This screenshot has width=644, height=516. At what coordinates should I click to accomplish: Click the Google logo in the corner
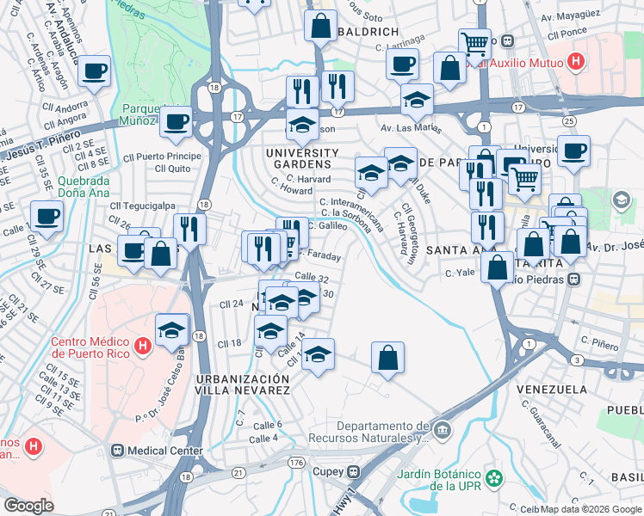click(x=29, y=505)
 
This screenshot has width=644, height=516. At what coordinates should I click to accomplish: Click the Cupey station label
click(x=326, y=472)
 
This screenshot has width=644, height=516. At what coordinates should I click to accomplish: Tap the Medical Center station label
click(x=165, y=451)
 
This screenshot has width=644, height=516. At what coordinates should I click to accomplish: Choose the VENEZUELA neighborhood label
click(x=552, y=389)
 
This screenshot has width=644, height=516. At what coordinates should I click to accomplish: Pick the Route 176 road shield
click(x=297, y=464)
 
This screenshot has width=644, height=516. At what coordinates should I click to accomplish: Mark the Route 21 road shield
click(x=237, y=471)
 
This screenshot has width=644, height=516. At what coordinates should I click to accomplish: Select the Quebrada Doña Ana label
click(x=83, y=187)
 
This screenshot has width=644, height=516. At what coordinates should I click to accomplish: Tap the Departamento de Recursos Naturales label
click(x=382, y=432)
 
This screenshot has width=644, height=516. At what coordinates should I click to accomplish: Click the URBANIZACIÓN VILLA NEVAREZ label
click(x=242, y=384)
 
